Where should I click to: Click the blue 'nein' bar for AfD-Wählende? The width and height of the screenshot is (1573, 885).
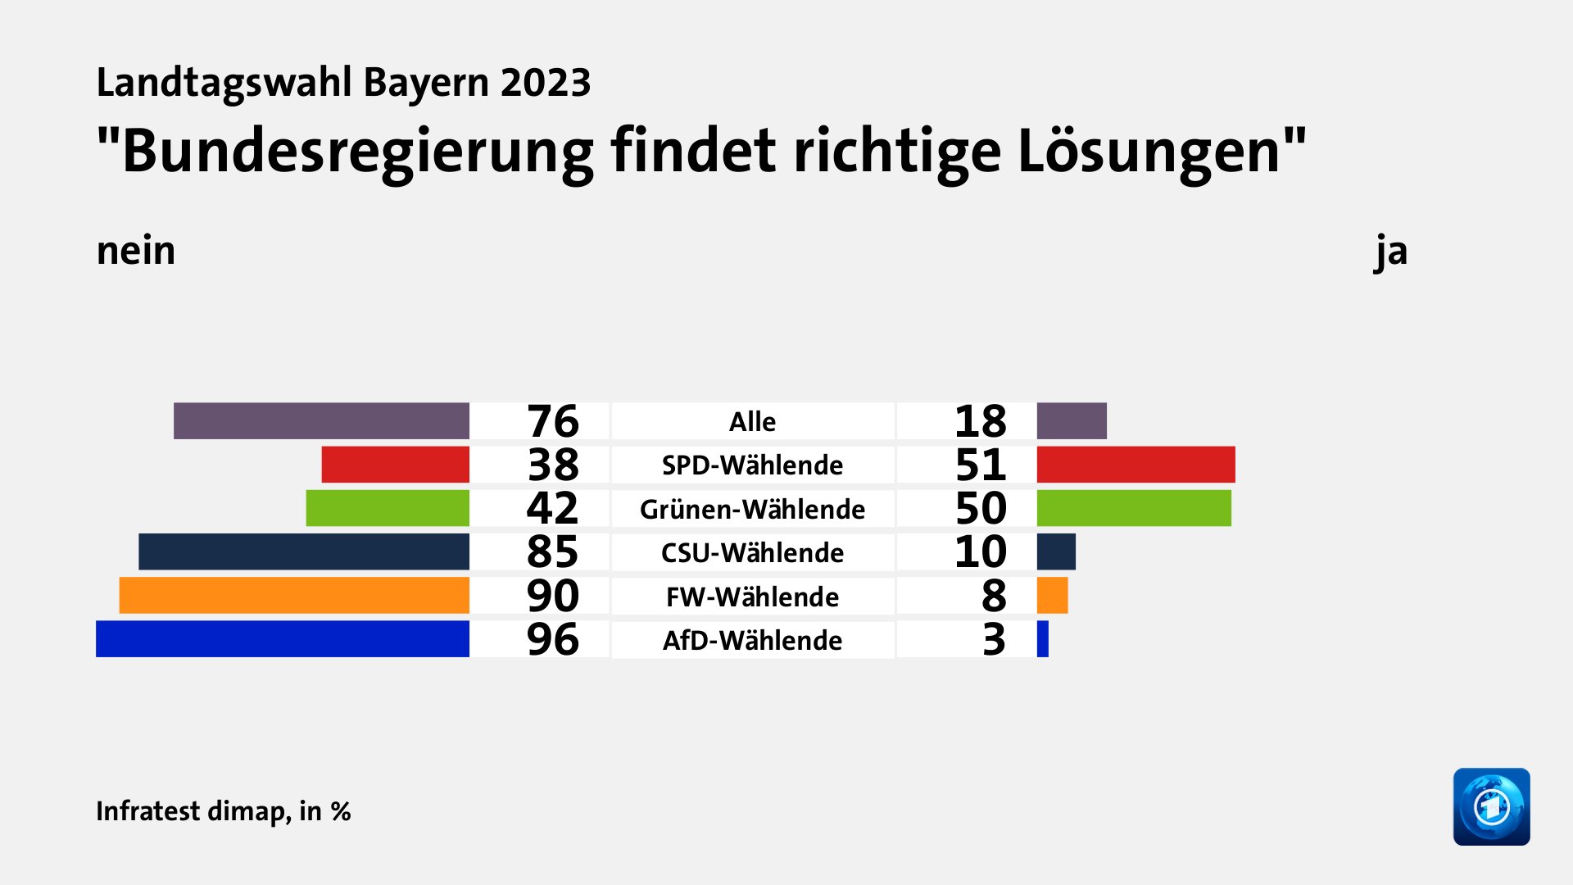click(x=283, y=639)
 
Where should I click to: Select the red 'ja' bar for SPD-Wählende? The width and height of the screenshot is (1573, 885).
click(x=1136, y=465)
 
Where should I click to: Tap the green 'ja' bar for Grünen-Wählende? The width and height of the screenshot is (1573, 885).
click(x=1134, y=508)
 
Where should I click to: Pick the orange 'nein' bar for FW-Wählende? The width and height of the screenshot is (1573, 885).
click(x=294, y=596)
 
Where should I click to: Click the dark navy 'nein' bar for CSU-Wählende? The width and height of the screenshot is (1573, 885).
click(x=304, y=551)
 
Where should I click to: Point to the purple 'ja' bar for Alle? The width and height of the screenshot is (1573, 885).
click(x=1072, y=421)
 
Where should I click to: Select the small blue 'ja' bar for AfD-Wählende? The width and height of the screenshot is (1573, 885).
click(x=1043, y=639)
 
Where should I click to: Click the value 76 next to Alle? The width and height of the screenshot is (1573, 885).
click(x=553, y=421)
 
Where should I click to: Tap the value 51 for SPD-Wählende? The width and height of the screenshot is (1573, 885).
click(x=981, y=465)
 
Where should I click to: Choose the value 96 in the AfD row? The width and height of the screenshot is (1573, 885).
click(x=553, y=639)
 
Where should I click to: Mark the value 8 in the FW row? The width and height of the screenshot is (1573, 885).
click(x=994, y=596)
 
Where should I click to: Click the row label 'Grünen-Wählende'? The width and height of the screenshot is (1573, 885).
click(x=752, y=509)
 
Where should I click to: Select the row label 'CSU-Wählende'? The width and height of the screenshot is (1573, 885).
click(x=752, y=552)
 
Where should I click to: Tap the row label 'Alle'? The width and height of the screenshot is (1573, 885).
click(x=752, y=421)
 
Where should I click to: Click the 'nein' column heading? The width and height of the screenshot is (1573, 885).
click(x=136, y=251)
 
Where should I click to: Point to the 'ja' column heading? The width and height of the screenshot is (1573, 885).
click(x=1391, y=251)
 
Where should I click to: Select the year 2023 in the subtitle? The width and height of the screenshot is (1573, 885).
click(x=546, y=83)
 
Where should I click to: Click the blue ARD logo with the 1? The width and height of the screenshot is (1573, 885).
click(x=1491, y=806)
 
